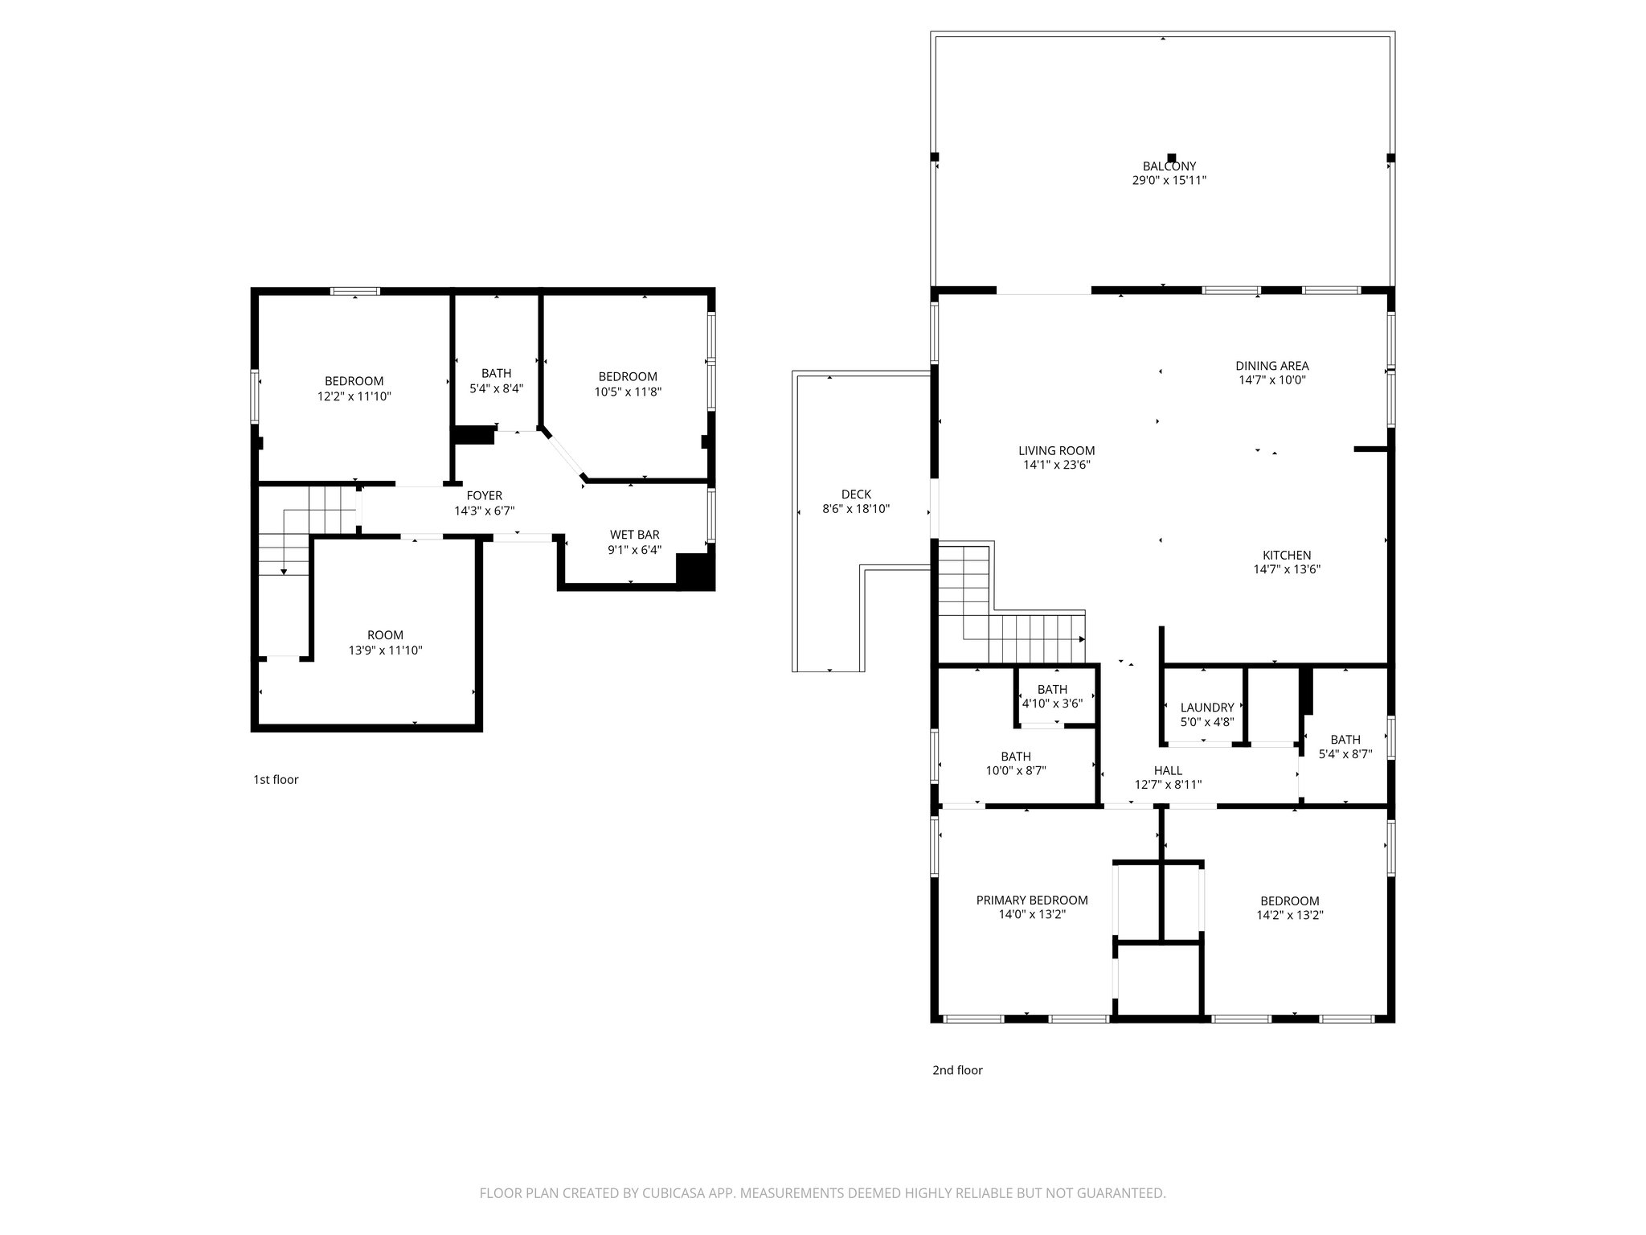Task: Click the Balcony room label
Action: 1169,166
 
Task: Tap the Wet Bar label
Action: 634,535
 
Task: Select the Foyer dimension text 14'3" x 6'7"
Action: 484,511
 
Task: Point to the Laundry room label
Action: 1206,708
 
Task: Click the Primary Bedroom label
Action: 1031,900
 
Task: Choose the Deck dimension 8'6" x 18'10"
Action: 855,509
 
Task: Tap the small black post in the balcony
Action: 1171,158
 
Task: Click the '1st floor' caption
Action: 276,779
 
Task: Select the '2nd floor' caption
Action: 956,1070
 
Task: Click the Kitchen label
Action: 1286,555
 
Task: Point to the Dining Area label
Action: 1271,366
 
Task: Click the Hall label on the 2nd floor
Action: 1167,770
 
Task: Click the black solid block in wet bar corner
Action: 694,572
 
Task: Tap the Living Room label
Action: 1056,450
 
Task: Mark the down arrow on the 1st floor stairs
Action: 284,571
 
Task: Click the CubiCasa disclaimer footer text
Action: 821,1193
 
